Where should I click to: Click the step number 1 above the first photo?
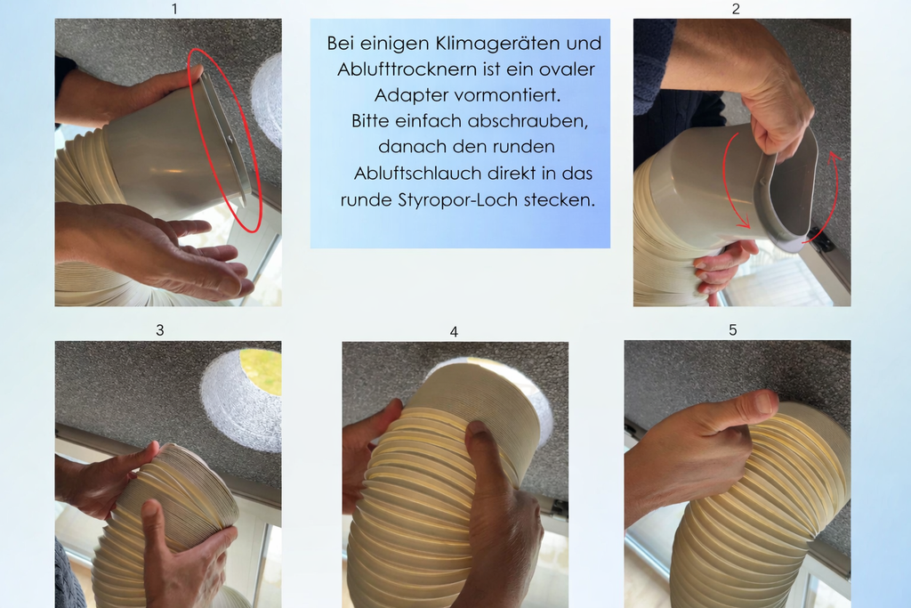click(174, 9)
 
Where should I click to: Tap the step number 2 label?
click(736, 9)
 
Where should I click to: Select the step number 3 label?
click(160, 330)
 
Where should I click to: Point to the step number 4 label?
click(454, 332)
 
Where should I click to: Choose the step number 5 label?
click(733, 330)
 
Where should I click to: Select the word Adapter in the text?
click(406, 94)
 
